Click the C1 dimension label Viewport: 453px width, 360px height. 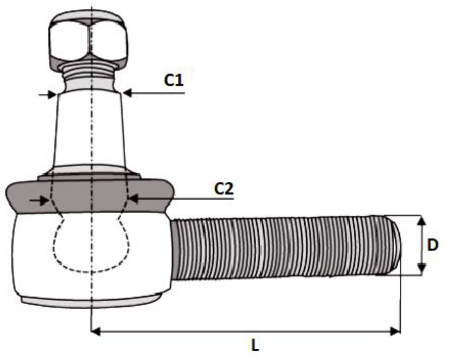pos(174,80)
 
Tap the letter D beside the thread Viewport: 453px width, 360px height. pos(432,245)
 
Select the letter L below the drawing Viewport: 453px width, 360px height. pos(255,346)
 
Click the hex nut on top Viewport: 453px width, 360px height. pos(88,39)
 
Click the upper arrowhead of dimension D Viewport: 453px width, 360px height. pos(421,220)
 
